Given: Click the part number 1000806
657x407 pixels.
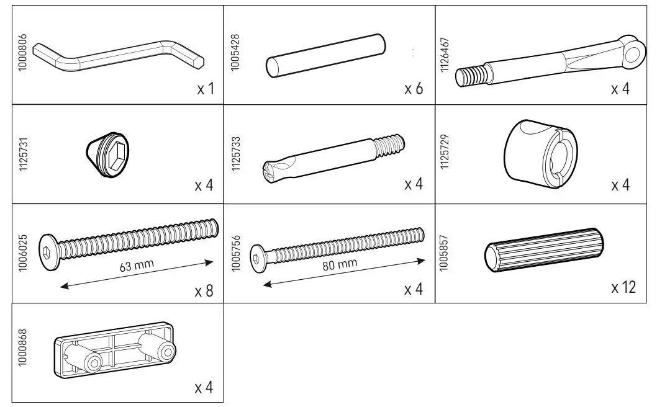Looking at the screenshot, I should click(x=23, y=54).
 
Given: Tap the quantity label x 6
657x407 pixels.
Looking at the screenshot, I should click(x=414, y=89).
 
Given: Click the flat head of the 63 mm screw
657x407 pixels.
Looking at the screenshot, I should click(x=48, y=252).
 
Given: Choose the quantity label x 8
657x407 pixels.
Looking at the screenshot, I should click(x=203, y=290).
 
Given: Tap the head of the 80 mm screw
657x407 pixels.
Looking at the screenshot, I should click(x=258, y=254).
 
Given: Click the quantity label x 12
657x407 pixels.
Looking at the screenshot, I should click(x=623, y=287).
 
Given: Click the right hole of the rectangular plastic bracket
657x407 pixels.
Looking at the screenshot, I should click(x=165, y=352).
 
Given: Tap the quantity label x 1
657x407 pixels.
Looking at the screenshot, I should click(x=205, y=89).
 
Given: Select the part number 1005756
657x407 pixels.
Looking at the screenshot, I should click(x=235, y=253).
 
